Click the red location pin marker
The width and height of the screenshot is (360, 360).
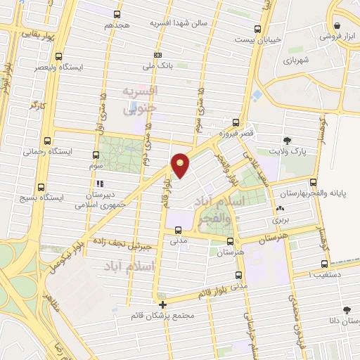click(x=181, y=165)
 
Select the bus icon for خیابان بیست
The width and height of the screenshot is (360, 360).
click(x=258, y=29)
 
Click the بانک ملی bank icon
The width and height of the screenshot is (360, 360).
click(x=159, y=54)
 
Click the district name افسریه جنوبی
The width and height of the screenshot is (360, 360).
click(x=139, y=100)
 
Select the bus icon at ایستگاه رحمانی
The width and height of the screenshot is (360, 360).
click(x=47, y=141)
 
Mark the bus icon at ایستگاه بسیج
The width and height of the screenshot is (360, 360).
click(x=41, y=186)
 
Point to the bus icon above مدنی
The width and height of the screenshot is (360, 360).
click(x=177, y=229)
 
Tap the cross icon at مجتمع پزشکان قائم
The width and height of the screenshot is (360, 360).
click(x=163, y=304)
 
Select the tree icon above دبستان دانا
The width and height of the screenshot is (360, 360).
click(x=346, y=309)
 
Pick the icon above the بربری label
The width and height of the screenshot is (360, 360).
click(x=281, y=208)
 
